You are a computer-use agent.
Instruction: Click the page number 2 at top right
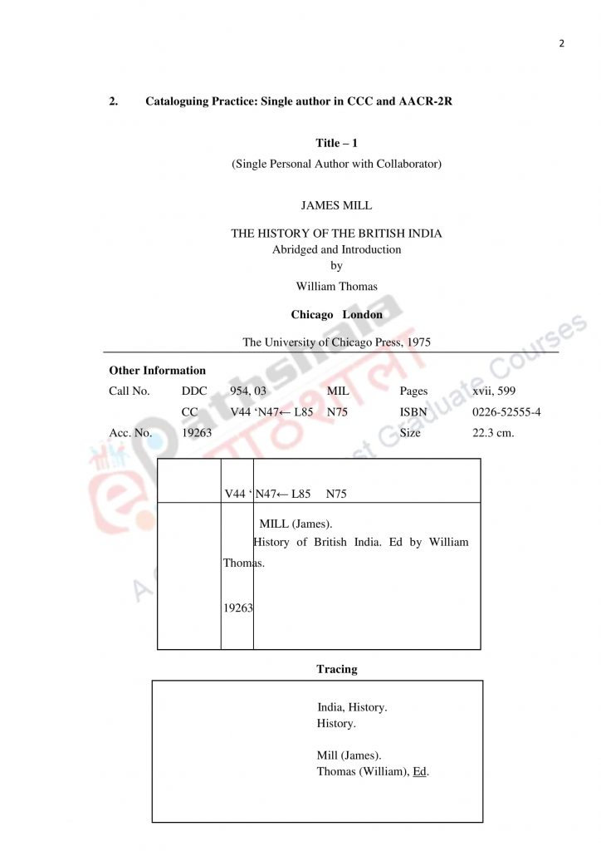561,43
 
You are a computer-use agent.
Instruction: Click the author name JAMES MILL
336,205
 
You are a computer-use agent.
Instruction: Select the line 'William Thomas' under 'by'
336,286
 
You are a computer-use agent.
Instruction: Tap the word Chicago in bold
311,315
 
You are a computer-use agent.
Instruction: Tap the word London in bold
363,315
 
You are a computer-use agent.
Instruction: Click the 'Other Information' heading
157,371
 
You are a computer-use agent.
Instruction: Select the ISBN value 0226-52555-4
506,411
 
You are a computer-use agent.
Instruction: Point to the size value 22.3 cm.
493,432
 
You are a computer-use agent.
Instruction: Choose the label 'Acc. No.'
130,432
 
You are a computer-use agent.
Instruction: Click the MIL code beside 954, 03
338,391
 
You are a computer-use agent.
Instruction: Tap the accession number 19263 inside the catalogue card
237,608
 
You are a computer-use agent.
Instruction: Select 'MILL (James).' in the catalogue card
296,524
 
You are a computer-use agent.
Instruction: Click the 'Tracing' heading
336,668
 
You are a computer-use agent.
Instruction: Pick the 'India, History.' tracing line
352,707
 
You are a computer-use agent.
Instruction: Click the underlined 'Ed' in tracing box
419,771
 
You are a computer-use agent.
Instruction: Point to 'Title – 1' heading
336,143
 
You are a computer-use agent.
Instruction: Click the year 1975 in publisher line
418,342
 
